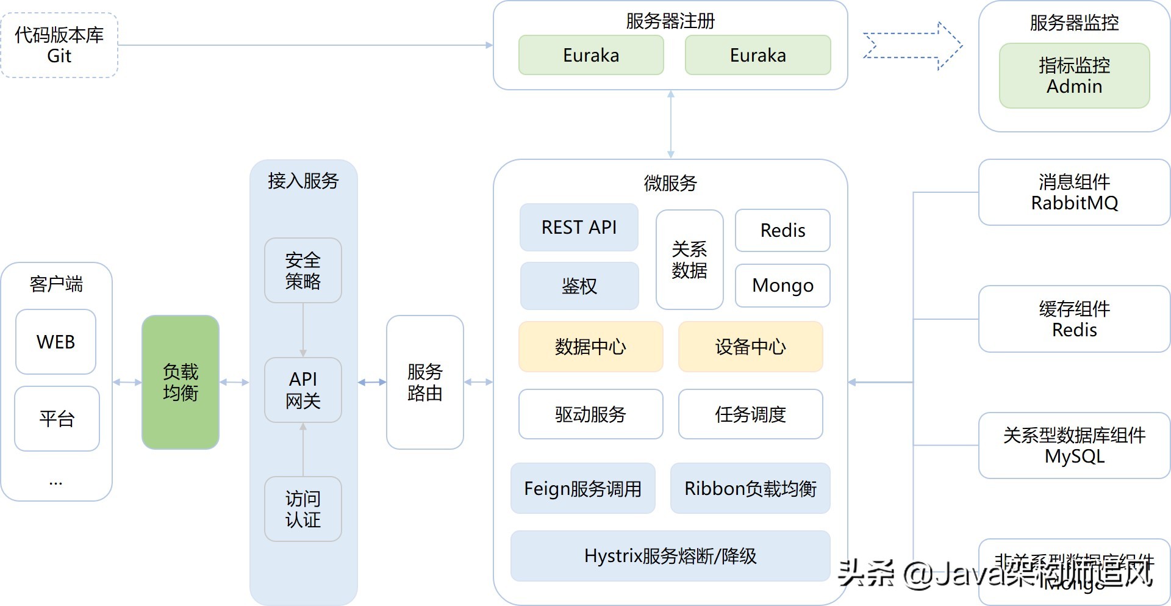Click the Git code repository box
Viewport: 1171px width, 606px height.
tap(59, 45)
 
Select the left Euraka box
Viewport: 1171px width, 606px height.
tap(590, 55)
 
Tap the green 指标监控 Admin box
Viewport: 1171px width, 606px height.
tap(1074, 76)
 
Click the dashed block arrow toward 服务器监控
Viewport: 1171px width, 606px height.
tap(913, 46)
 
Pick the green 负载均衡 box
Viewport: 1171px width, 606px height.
tap(181, 382)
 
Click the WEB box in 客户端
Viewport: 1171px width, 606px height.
tap(56, 342)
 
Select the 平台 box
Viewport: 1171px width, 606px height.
tap(57, 419)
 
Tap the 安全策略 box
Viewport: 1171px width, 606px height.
tap(303, 270)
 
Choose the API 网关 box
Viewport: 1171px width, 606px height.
tap(303, 390)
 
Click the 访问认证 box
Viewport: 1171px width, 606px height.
tap(303, 509)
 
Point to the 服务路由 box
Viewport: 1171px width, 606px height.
tap(424, 382)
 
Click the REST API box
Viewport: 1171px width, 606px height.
tap(579, 227)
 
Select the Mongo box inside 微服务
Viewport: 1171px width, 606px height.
tap(782, 285)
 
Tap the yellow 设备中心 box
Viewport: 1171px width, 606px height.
tap(750, 347)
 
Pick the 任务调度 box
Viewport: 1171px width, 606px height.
tap(750, 414)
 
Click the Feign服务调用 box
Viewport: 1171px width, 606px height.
tap(582, 488)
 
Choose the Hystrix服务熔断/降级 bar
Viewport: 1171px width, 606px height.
tap(670, 555)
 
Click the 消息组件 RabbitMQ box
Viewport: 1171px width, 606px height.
tap(1074, 192)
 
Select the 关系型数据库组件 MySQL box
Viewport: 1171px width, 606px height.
tap(1074, 445)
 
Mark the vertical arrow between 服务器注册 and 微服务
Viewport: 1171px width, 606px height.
tap(670, 124)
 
